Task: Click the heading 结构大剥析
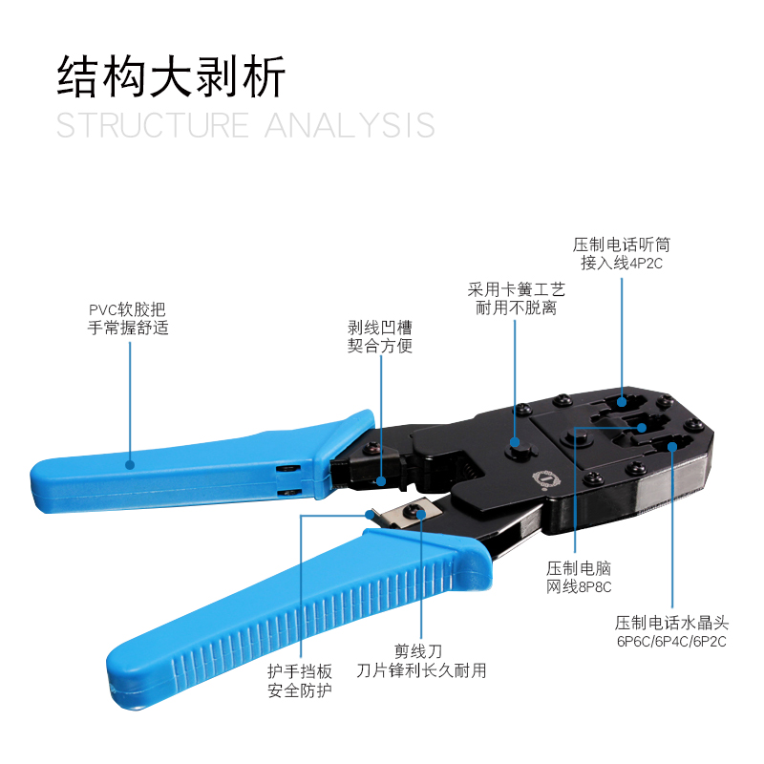pos(172,76)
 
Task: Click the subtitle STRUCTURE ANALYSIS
pos(245,125)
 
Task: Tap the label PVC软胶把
pos(127,309)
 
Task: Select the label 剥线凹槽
pos(380,327)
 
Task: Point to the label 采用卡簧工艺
pos(516,288)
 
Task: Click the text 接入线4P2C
pos(622,264)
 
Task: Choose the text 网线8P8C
pos(579,587)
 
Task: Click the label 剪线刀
pos(421,651)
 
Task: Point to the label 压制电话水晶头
pos(671,622)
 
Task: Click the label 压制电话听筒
pos(622,244)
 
